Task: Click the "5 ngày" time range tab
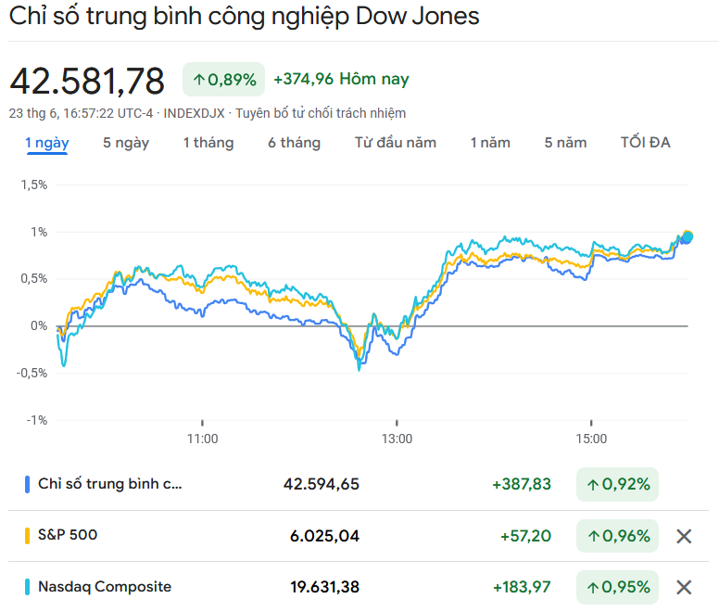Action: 126,143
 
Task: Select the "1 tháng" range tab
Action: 208,143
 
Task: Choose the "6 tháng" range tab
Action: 295,143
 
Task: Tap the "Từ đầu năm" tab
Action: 396,143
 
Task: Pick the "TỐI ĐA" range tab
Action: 646,143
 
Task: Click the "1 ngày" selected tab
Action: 46,143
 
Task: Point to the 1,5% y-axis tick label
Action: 33,185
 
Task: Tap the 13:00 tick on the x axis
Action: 397,439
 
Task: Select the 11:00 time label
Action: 202,439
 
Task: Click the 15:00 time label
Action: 591,439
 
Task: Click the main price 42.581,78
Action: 87,81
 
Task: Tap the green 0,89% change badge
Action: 224,80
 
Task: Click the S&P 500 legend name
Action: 68,535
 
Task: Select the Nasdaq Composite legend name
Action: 105,586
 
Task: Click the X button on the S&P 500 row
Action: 684,536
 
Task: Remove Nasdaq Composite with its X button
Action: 684,587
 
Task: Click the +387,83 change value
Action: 522,484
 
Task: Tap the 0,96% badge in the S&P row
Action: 617,536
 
